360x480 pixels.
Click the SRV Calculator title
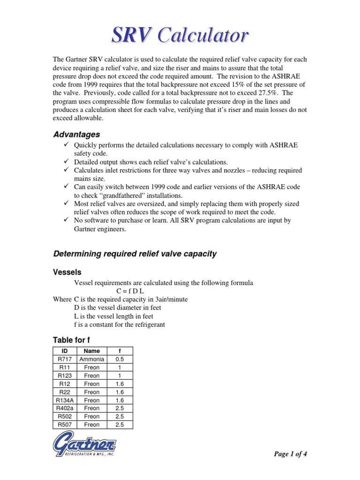[x=180, y=35]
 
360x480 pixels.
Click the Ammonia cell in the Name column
[x=91, y=359]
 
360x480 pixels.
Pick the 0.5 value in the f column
[x=120, y=359]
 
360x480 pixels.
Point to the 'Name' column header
[x=91, y=351]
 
